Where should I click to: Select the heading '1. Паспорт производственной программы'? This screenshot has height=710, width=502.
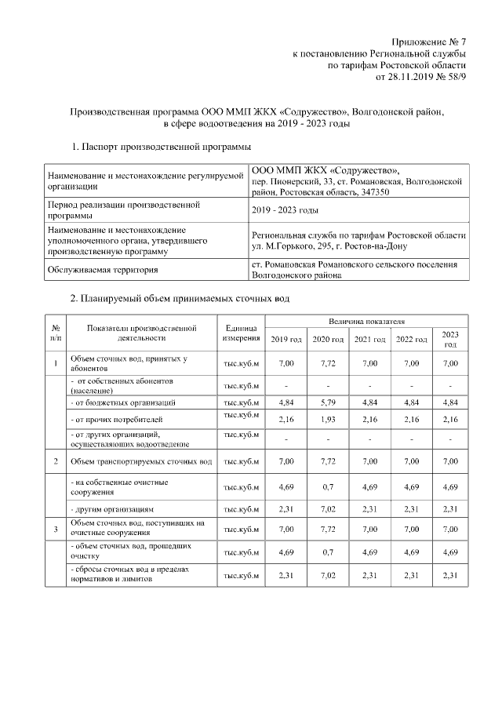pyautogui.click(x=162, y=147)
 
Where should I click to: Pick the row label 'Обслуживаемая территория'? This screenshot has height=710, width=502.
pyautogui.click(x=103, y=270)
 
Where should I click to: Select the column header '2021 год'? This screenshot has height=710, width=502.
pyautogui.click(x=369, y=339)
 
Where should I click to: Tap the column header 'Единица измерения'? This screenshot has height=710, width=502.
pyautogui.click(x=241, y=333)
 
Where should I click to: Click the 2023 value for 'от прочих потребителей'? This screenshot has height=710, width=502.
pyautogui.click(x=449, y=419)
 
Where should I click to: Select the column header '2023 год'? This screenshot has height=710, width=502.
pyautogui.click(x=449, y=339)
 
